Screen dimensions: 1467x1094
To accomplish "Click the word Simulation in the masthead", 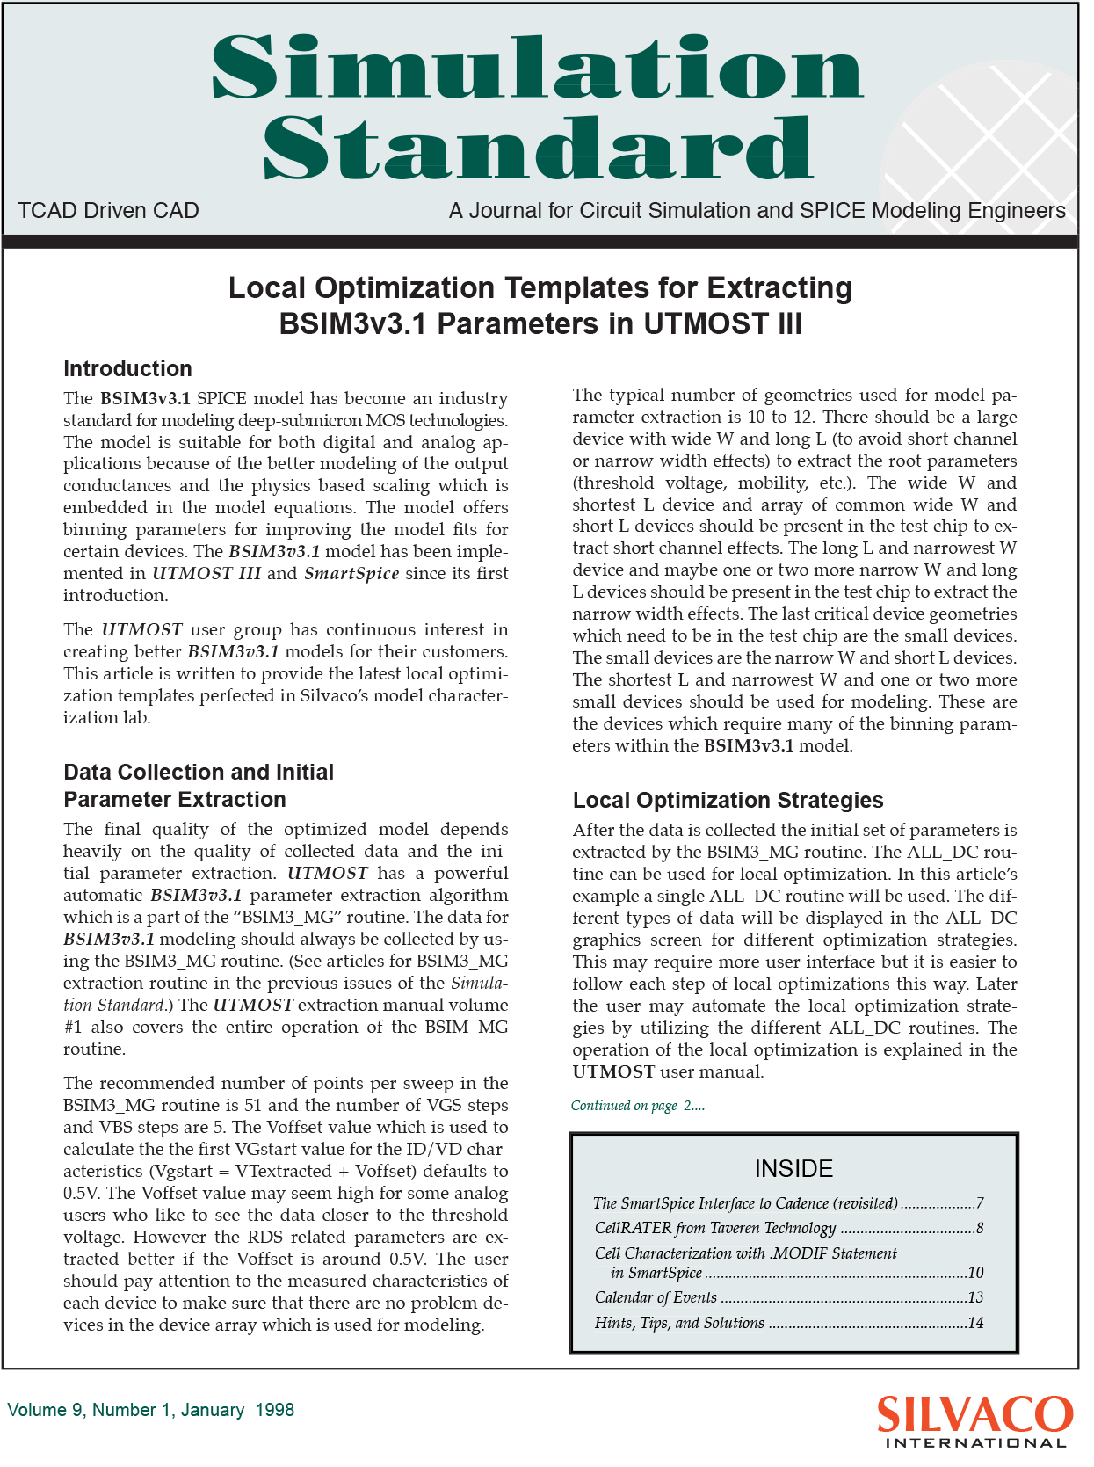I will [x=538, y=69].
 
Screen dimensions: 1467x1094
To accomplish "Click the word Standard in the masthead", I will [x=538, y=148].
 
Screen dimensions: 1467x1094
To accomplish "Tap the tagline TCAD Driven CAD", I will [x=108, y=211].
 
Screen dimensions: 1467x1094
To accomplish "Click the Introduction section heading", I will [x=127, y=369].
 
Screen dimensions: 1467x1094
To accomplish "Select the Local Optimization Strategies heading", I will [x=728, y=801].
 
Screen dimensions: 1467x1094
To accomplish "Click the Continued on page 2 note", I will [x=637, y=1106].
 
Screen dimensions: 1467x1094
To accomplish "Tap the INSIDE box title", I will [x=793, y=1169].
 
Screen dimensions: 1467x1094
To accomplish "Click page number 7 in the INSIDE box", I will [x=979, y=1203].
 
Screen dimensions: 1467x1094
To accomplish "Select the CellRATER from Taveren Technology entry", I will [x=715, y=1228].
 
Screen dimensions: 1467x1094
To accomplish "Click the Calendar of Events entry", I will [x=656, y=1297].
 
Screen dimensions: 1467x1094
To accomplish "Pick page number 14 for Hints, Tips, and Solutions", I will [x=975, y=1323].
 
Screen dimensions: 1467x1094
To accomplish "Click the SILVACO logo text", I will [x=974, y=1414].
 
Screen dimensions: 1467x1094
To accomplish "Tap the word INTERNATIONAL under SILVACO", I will [x=975, y=1443].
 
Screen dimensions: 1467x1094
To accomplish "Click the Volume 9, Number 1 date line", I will [x=150, y=1410].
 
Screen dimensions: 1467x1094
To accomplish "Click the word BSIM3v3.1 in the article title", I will [x=352, y=324].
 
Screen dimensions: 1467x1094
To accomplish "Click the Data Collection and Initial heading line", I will [x=199, y=773].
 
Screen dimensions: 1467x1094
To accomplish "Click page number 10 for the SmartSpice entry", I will [x=975, y=1273].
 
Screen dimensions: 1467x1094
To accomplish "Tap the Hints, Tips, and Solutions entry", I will [x=679, y=1323].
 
